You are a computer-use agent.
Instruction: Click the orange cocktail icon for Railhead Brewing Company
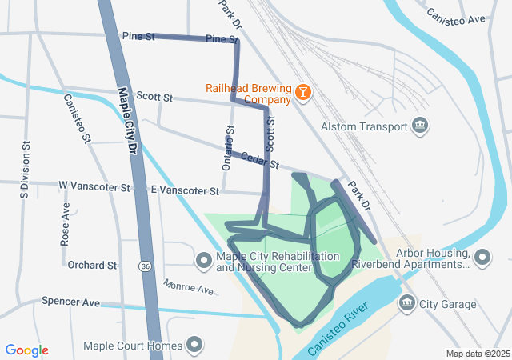(303, 93)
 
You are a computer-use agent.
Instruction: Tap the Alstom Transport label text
(365, 126)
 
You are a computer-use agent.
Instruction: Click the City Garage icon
(406, 303)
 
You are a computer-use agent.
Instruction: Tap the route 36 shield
(144, 266)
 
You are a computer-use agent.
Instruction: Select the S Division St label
(26, 170)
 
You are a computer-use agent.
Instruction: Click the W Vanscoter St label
(94, 186)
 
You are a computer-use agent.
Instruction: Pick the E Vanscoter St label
(185, 191)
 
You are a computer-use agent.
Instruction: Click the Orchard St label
(92, 265)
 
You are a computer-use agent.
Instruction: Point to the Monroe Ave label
(188, 286)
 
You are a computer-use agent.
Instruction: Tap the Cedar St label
(260, 160)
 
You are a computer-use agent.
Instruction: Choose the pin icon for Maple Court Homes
(194, 346)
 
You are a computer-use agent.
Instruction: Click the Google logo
(27, 350)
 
